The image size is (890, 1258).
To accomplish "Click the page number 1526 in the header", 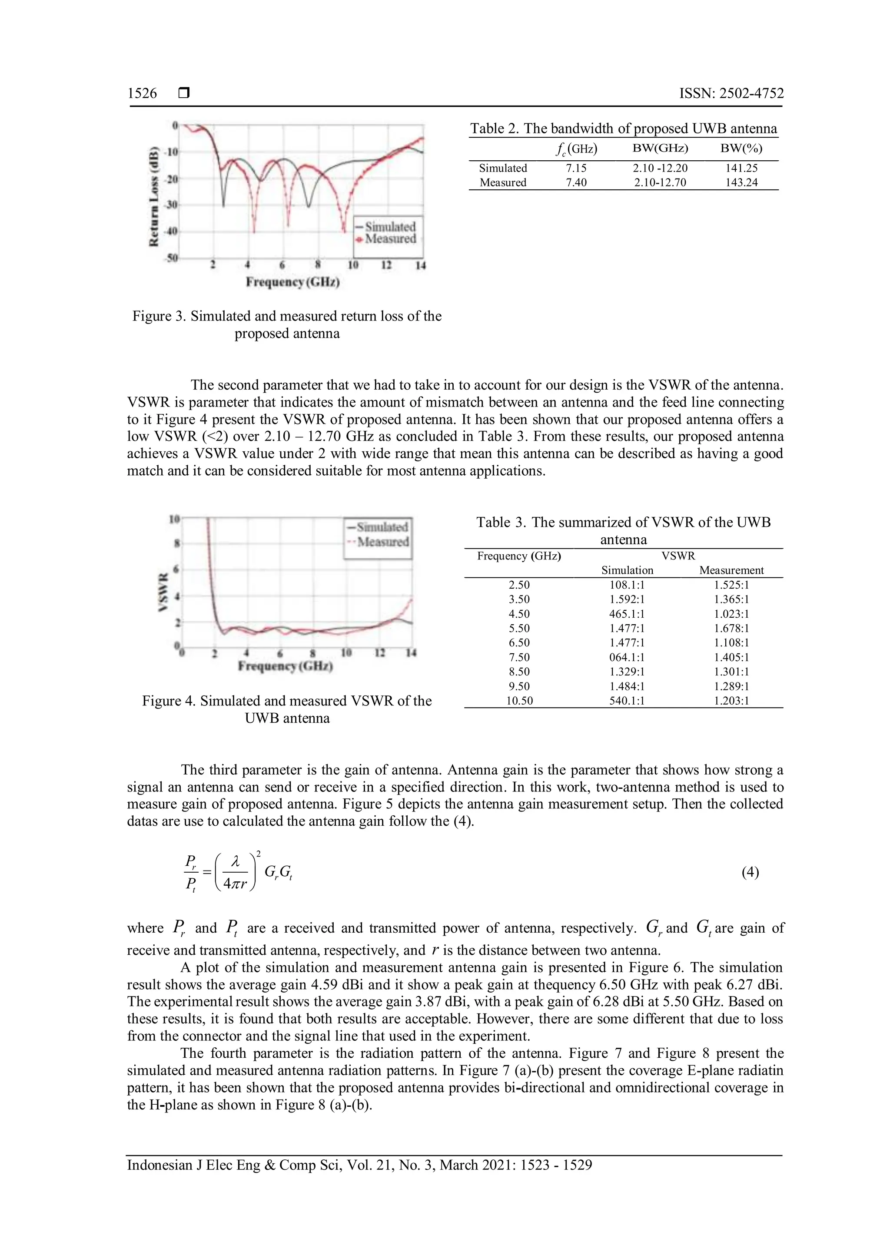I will click(142, 93).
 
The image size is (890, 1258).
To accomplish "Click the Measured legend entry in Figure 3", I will click(390, 239).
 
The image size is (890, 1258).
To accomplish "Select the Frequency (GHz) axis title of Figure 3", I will click(292, 282).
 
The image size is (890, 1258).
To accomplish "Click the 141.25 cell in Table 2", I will click(741, 168).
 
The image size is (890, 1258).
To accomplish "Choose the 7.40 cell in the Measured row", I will click(576, 182).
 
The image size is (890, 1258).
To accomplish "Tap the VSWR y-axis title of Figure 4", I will click(163, 592).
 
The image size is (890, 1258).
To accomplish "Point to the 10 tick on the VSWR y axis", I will click(174, 518).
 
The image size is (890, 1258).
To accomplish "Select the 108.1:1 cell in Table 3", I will click(627, 585).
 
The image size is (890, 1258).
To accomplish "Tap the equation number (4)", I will click(750, 872).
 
